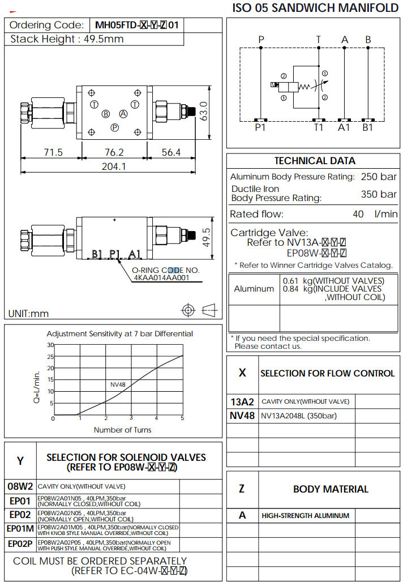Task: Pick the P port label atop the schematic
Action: (261, 40)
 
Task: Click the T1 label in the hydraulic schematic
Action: (319, 129)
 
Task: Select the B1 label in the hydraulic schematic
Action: (368, 129)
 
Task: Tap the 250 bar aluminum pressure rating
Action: (379, 177)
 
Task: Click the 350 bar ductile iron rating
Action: (379, 194)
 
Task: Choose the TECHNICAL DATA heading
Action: (315, 161)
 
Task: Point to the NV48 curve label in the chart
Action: (118, 384)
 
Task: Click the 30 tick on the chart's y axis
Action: (50, 345)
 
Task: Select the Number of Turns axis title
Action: (122, 430)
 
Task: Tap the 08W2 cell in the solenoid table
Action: (20, 486)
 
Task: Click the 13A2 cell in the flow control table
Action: (242, 401)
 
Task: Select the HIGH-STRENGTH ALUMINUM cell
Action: (305, 516)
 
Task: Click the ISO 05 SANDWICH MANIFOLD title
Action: (316, 8)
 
